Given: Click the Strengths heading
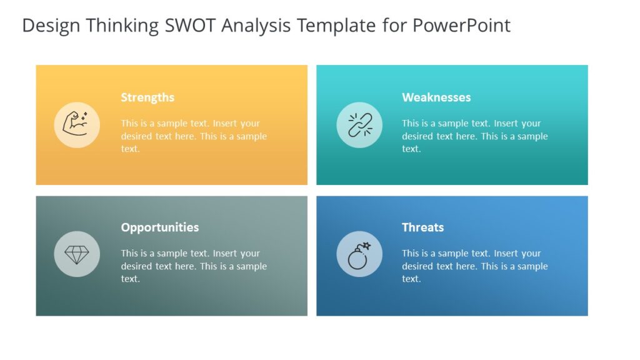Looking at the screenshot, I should pyautogui.click(x=147, y=97).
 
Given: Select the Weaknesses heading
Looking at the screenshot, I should pyautogui.click(x=436, y=97).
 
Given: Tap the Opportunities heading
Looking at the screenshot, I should pyautogui.click(x=160, y=227).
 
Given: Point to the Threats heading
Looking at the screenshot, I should pyautogui.click(x=422, y=227).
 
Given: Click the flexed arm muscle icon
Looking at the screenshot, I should pyautogui.click(x=76, y=124).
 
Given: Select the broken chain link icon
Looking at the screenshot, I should pyautogui.click(x=359, y=124).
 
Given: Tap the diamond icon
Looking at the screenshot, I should pyautogui.click(x=77, y=254).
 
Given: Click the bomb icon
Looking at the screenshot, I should pyautogui.click(x=358, y=256).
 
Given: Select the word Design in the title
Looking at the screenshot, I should pyautogui.click(x=51, y=26).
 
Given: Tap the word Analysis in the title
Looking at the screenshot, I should pyautogui.click(x=257, y=26).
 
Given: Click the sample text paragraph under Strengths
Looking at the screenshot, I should pyautogui.click(x=194, y=136).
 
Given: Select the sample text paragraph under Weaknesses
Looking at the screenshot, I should pyautogui.click(x=475, y=136).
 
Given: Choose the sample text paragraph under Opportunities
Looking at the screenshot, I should pyautogui.click(x=194, y=266).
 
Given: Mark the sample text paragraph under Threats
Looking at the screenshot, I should pyautogui.click(x=475, y=266).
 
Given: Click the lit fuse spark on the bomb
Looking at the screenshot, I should pyautogui.click(x=367, y=246).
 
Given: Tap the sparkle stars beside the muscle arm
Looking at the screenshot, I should pyautogui.click(x=84, y=116).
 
